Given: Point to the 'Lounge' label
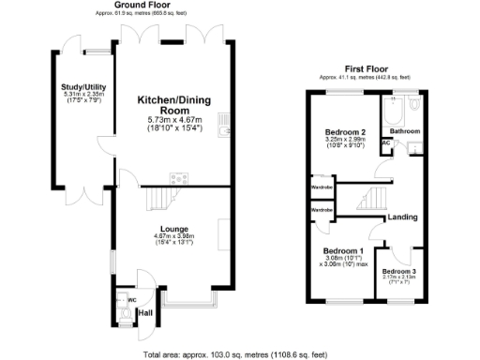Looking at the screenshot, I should [174, 229].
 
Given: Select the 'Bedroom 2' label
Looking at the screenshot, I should [343, 132].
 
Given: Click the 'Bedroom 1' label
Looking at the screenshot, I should [342, 251].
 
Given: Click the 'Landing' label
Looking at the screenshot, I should [401, 217].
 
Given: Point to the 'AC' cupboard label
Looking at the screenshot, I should [386, 143].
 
